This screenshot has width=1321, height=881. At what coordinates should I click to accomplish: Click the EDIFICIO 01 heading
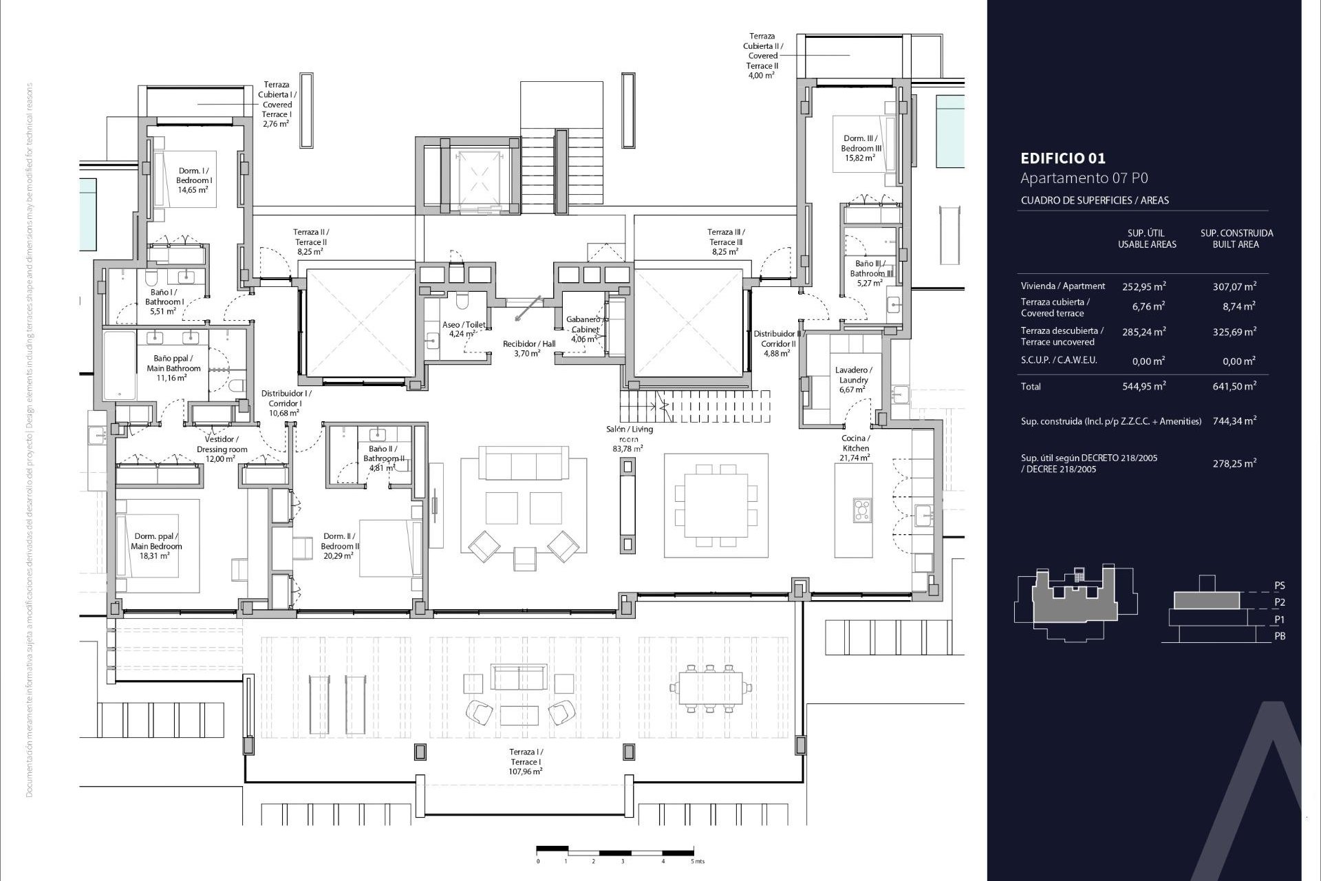(x=1063, y=158)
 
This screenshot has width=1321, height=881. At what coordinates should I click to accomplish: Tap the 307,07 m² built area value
(x=1234, y=286)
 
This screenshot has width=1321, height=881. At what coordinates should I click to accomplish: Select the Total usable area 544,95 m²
(x=1143, y=386)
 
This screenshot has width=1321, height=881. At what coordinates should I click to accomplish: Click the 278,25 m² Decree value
(x=1234, y=464)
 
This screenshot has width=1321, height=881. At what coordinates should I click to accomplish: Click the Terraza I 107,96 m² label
(x=526, y=762)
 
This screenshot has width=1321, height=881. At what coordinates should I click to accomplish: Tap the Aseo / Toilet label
(x=463, y=329)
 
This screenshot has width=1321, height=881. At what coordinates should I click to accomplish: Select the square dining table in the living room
(x=716, y=506)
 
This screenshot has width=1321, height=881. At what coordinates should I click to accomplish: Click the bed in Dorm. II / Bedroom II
(x=389, y=548)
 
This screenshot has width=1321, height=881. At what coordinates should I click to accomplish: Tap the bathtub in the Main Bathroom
(x=119, y=365)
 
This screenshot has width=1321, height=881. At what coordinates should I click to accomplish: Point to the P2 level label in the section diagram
(x=1279, y=602)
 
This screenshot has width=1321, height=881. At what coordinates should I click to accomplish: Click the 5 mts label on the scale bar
(x=698, y=861)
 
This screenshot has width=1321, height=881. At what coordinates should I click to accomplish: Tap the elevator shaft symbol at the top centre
(x=475, y=175)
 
